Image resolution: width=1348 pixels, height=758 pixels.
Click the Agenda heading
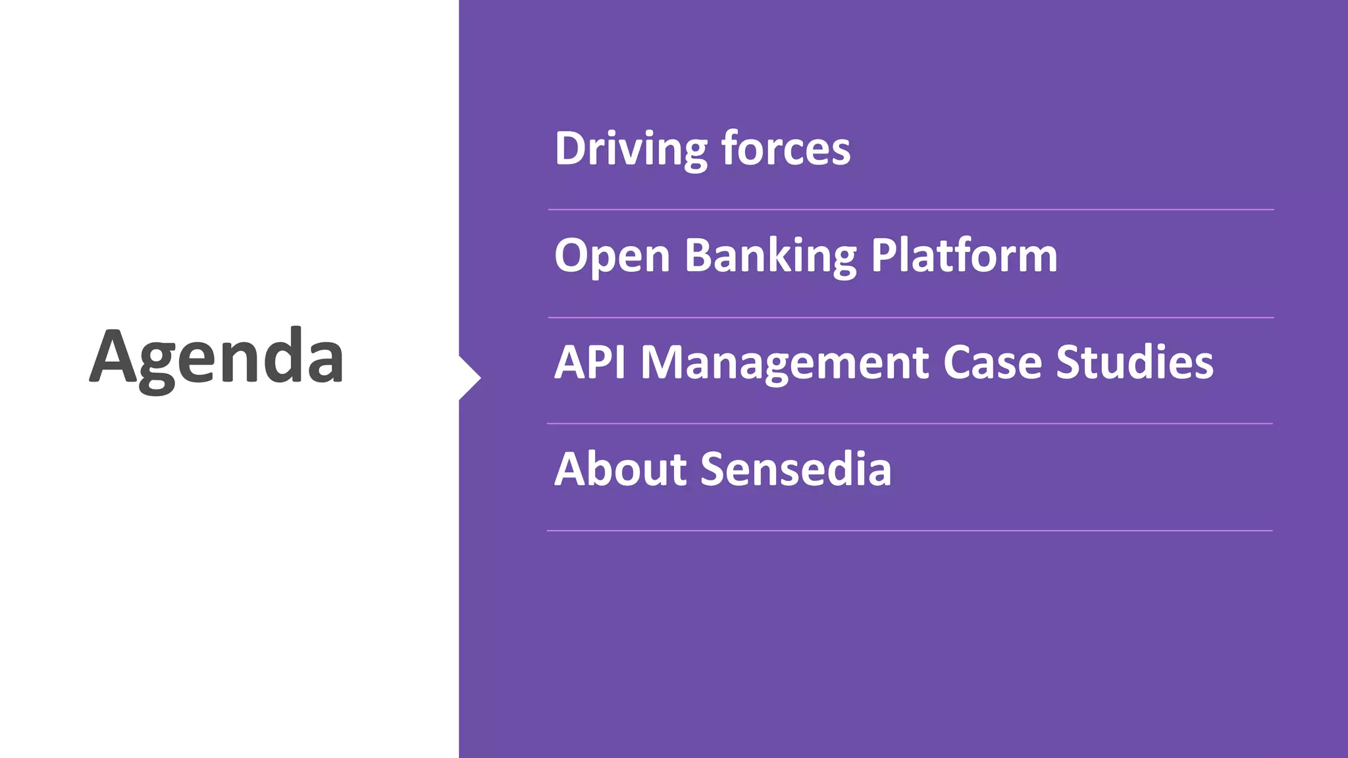click(217, 357)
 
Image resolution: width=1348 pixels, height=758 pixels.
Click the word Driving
click(631, 149)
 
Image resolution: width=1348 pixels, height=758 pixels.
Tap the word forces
click(786, 149)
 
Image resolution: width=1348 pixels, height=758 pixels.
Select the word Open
click(612, 255)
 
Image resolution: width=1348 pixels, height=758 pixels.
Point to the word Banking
click(771, 255)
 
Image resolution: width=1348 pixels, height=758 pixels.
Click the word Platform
click(964, 255)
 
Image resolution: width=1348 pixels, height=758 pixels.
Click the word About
click(621, 469)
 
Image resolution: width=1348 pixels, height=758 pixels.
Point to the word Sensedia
click(796, 469)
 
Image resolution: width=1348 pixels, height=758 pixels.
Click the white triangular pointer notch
click(469, 378)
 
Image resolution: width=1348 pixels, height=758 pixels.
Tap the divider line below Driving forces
click(911, 210)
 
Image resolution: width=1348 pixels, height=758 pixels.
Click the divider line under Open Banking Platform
click(911, 318)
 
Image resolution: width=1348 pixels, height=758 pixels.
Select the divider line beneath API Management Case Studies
click(910, 424)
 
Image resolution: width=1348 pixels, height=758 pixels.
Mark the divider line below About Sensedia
click(910, 530)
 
